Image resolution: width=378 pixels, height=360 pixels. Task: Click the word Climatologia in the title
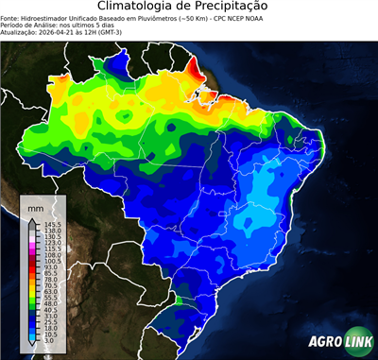click(x=138, y=7)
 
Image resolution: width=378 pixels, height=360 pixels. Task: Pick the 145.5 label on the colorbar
click(x=52, y=224)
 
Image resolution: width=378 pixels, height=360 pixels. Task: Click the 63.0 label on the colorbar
click(x=51, y=295)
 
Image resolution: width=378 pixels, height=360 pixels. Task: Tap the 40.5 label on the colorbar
click(x=51, y=309)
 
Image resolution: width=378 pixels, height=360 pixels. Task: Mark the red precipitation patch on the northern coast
click(x=196, y=69)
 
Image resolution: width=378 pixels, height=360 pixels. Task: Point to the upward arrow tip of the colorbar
click(x=34, y=219)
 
